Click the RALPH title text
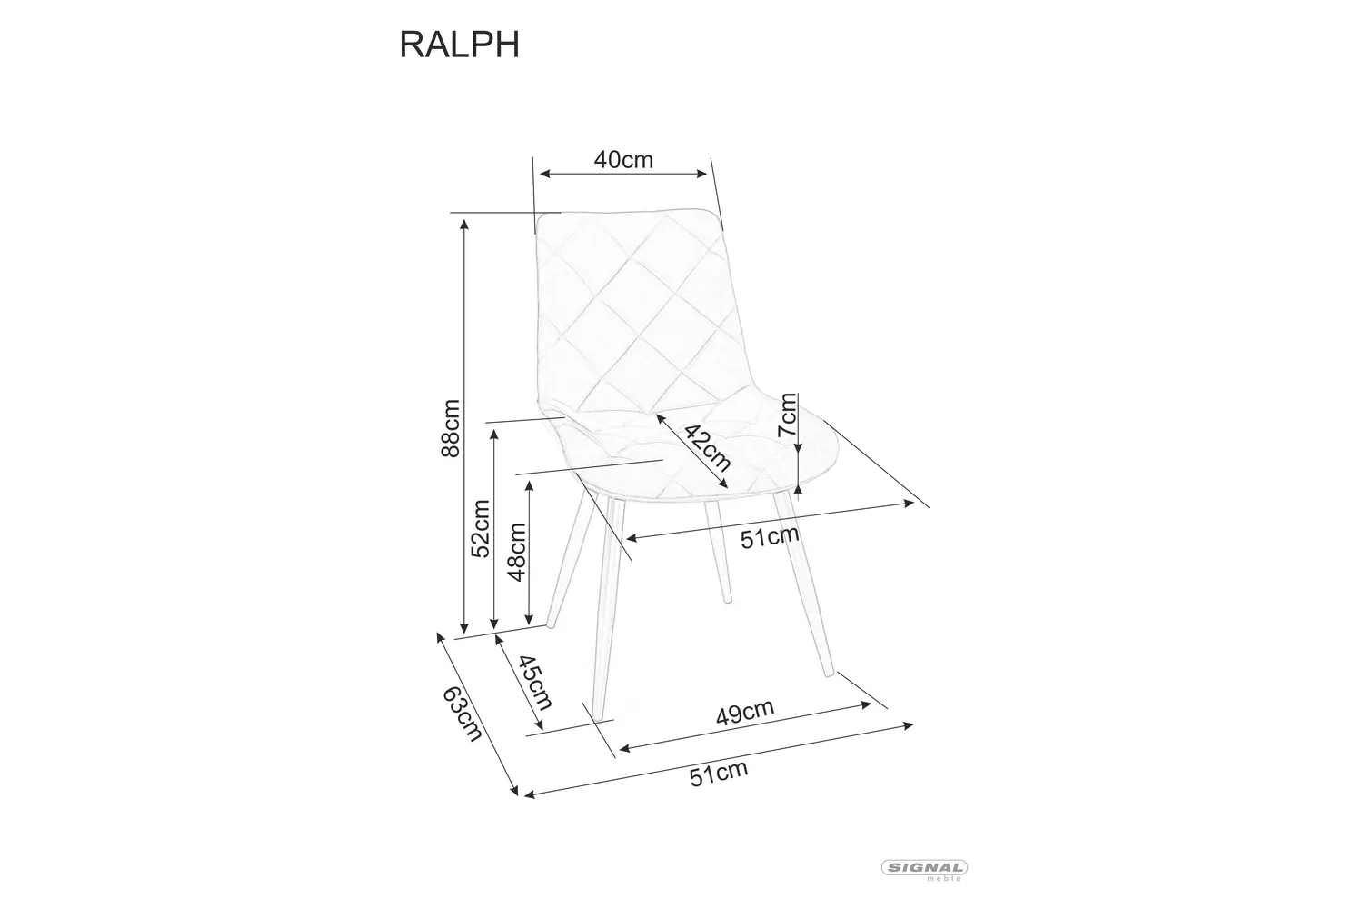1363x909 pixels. [x=459, y=44]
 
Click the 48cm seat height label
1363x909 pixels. [x=516, y=551]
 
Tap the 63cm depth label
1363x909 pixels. [x=461, y=713]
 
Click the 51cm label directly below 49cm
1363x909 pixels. [x=718, y=774]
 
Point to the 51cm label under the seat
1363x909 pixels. [x=769, y=537]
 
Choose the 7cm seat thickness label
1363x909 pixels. [x=788, y=416]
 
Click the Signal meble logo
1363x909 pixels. [x=925, y=870]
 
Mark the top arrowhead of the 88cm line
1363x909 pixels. [x=464, y=223]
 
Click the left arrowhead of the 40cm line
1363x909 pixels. [x=543, y=173]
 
